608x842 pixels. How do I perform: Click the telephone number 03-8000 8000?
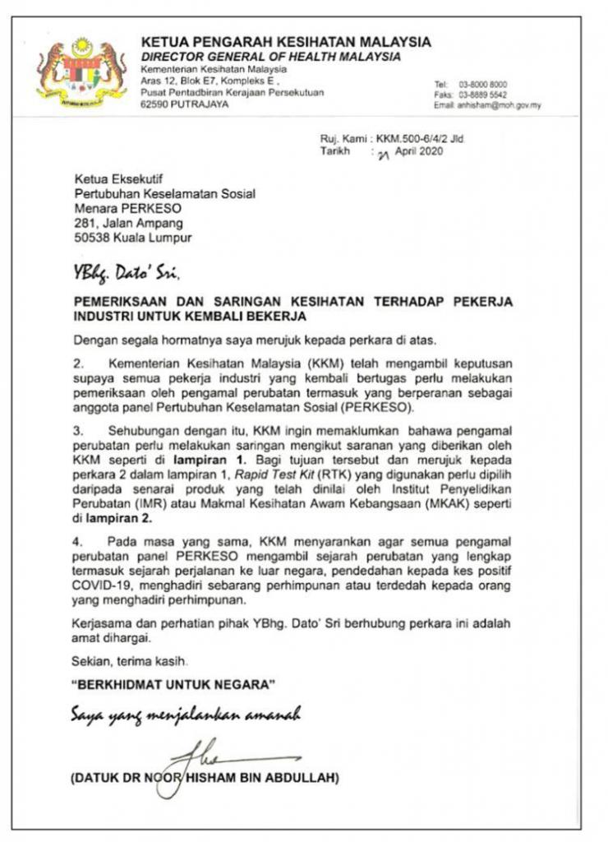point(482,85)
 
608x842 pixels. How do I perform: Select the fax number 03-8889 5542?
point(482,95)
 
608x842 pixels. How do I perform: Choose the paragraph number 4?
point(79,544)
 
